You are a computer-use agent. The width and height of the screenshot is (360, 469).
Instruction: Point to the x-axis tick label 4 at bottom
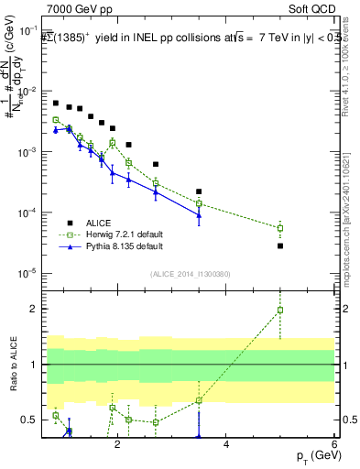pyautogui.click(x=226, y=443)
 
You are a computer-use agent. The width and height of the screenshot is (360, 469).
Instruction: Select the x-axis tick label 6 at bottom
pyautogui.click(x=333, y=443)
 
